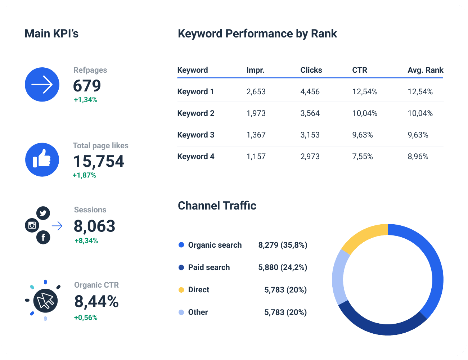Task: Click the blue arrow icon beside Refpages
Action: pyautogui.click(x=42, y=85)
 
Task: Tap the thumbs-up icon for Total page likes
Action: pyautogui.click(x=42, y=159)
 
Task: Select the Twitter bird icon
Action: pyautogui.click(x=43, y=213)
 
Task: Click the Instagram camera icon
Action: pyautogui.click(x=32, y=225)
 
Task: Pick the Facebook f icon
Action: pyautogui.click(x=43, y=237)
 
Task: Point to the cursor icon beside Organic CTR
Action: pyautogui.click(x=45, y=300)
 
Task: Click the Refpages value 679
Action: pyautogui.click(x=87, y=86)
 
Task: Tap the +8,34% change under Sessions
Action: pyautogui.click(x=86, y=240)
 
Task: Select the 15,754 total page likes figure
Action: pyautogui.click(x=99, y=161)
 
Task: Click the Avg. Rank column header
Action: pyautogui.click(x=425, y=70)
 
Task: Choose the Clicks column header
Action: pyautogui.click(x=311, y=70)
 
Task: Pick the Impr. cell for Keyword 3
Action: pyautogui.click(x=256, y=135)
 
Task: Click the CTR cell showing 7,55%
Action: pyautogui.click(x=362, y=157)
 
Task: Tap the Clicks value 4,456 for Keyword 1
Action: pyautogui.click(x=310, y=92)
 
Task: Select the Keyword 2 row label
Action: pyautogui.click(x=195, y=113)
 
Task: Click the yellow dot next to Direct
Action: pyautogui.click(x=181, y=290)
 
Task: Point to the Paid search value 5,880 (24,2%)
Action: pyautogui.click(x=283, y=267)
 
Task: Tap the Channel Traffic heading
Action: pyautogui.click(x=217, y=206)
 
